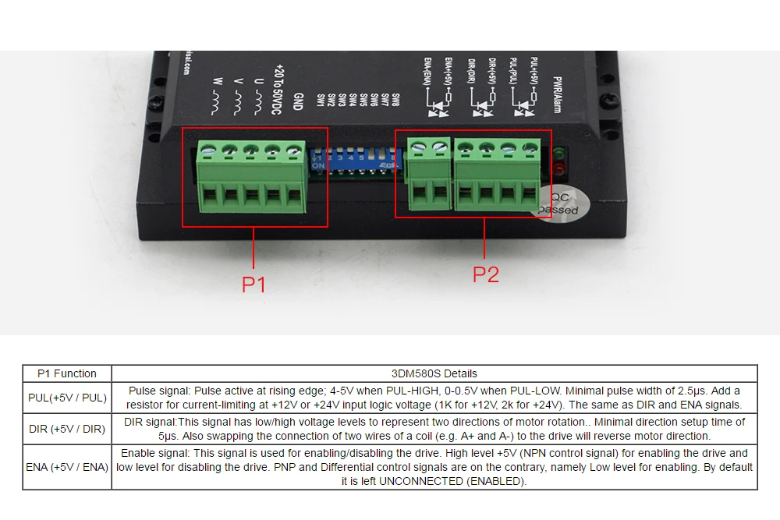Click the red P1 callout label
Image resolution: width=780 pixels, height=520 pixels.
click(253, 285)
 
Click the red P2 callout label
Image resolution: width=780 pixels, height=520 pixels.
click(485, 274)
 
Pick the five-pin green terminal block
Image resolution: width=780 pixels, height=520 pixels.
click(250, 177)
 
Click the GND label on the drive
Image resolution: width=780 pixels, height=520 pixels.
click(297, 101)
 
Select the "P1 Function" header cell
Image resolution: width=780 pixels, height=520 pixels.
click(67, 373)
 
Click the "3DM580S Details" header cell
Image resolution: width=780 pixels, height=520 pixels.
click(434, 373)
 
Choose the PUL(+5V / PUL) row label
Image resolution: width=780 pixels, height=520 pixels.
click(67, 398)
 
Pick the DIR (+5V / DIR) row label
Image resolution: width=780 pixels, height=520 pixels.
click(67, 429)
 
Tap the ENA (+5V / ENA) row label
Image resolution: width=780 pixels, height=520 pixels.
click(67, 467)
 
